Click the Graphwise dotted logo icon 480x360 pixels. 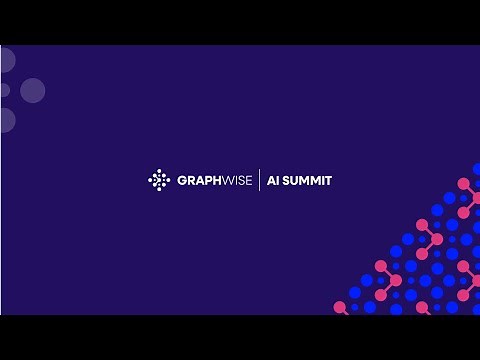(x=159, y=180)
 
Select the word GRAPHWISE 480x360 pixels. (x=214, y=181)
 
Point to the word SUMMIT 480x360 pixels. (x=308, y=181)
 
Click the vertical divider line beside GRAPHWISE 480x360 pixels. (x=260, y=180)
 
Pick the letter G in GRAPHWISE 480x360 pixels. (x=181, y=181)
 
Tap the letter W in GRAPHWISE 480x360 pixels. (x=226, y=181)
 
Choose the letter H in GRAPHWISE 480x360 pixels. (x=215, y=181)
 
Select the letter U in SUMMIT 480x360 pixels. (x=295, y=181)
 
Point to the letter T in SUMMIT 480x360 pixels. (x=328, y=181)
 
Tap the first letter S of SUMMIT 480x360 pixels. (x=286, y=181)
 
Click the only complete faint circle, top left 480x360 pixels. (x=33, y=91)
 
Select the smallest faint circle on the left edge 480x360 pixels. (x=4, y=90)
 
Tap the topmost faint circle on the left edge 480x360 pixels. (x=5, y=60)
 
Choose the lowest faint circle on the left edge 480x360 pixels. (x=5, y=120)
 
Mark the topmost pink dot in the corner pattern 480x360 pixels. (x=463, y=184)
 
